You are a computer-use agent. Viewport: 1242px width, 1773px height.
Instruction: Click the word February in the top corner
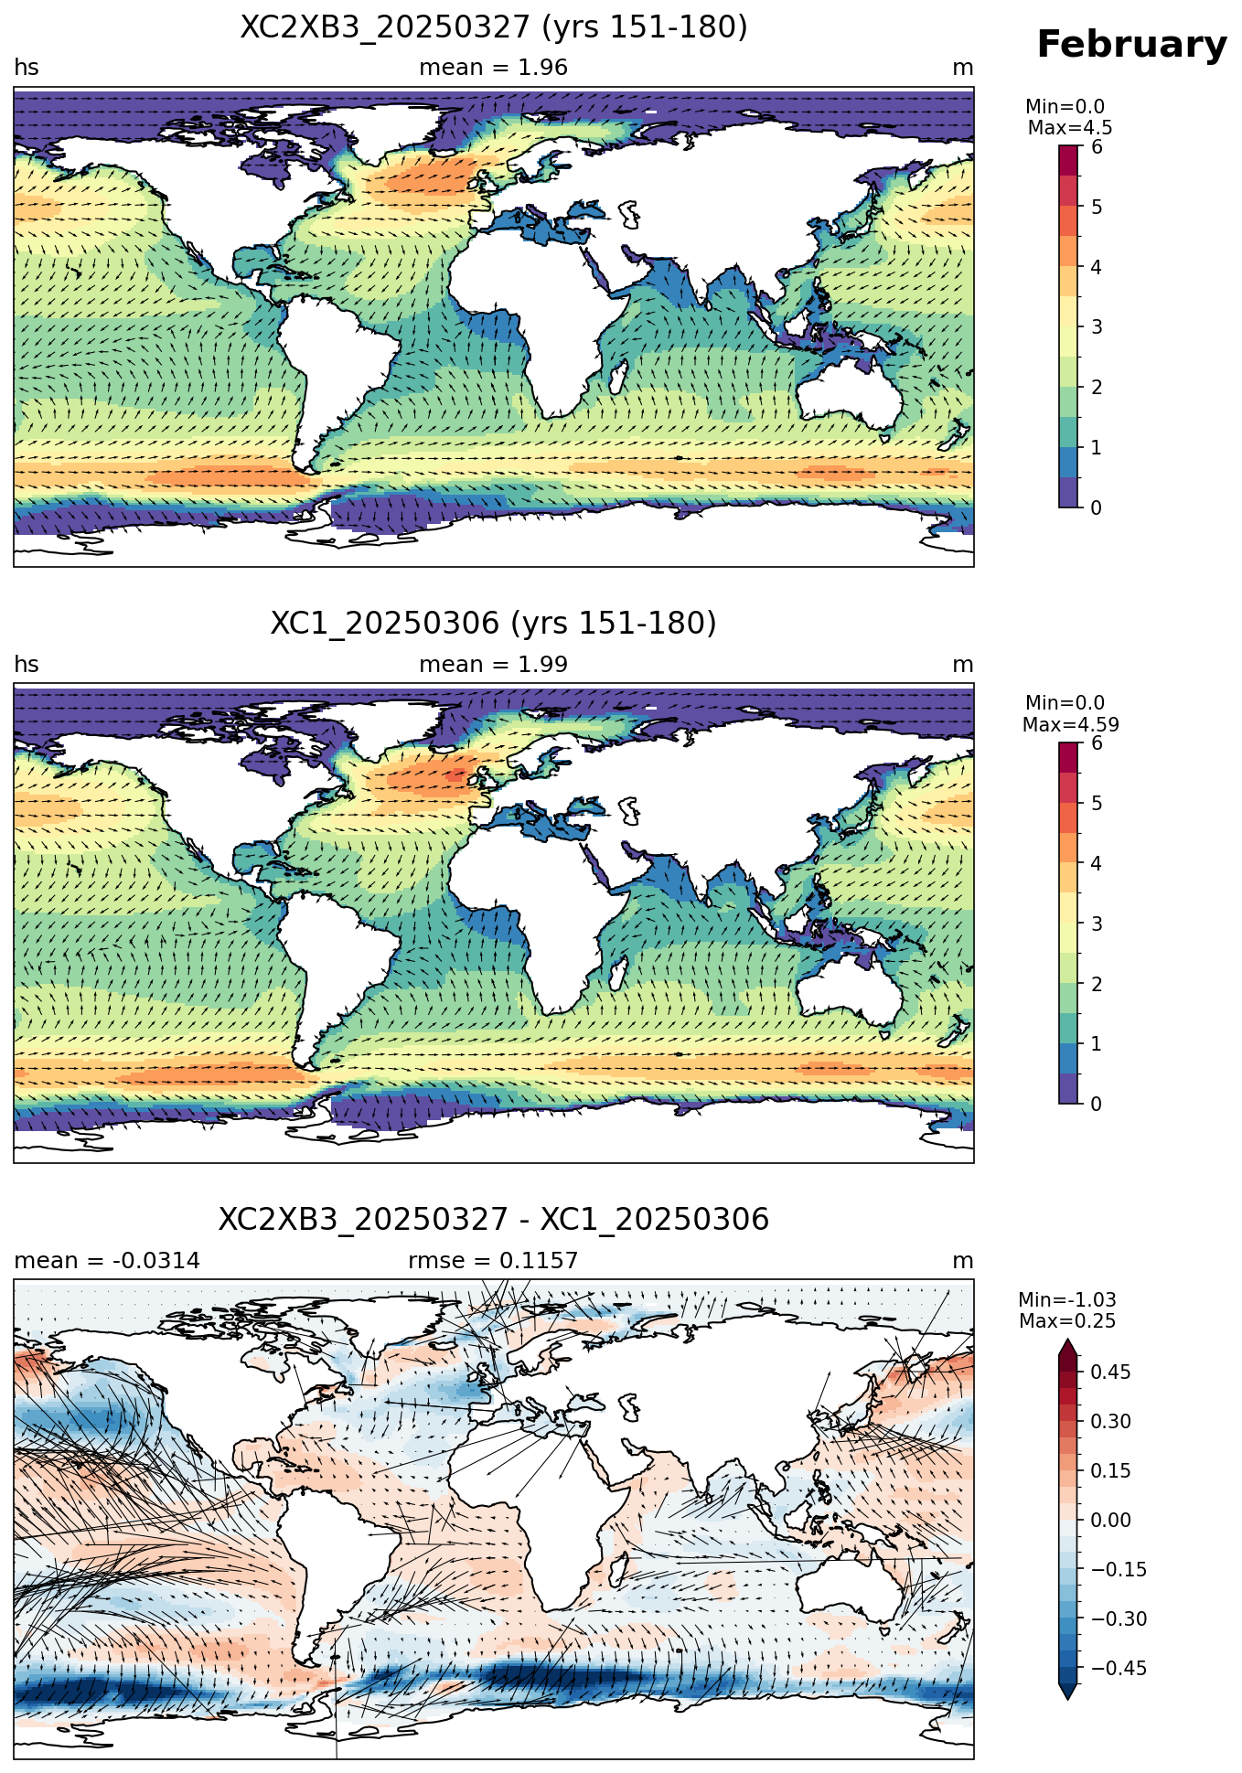pyautogui.click(x=1131, y=45)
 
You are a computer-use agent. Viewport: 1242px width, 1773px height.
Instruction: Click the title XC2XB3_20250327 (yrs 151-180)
pyautogui.click(x=494, y=27)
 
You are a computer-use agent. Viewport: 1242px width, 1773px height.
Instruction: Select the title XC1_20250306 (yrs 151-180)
pyautogui.click(x=494, y=624)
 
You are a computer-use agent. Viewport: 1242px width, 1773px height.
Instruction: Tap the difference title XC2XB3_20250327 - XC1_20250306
pyautogui.click(x=494, y=1220)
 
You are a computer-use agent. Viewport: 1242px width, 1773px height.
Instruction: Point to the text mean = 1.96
pyautogui.click(x=494, y=68)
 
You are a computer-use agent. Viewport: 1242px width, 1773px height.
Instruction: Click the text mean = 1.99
pyautogui.click(x=494, y=665)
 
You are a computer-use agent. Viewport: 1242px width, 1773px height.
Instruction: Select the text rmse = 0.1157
pyautogui.click(x=494, y=1261)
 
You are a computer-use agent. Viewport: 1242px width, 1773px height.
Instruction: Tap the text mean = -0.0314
pyautogui.click(x=107, y=1261)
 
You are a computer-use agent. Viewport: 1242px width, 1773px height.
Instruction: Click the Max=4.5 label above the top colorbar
pyautogui.click(x=1070, y=128)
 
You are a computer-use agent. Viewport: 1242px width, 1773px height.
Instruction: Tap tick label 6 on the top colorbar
pyautogui.click(x=1097, y=147)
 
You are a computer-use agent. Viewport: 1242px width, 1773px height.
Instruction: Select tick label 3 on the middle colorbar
pyautogui.click(x=1097, y=924)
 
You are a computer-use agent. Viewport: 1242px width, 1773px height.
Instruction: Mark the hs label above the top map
pyautogui.click(x=27, y=68)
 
